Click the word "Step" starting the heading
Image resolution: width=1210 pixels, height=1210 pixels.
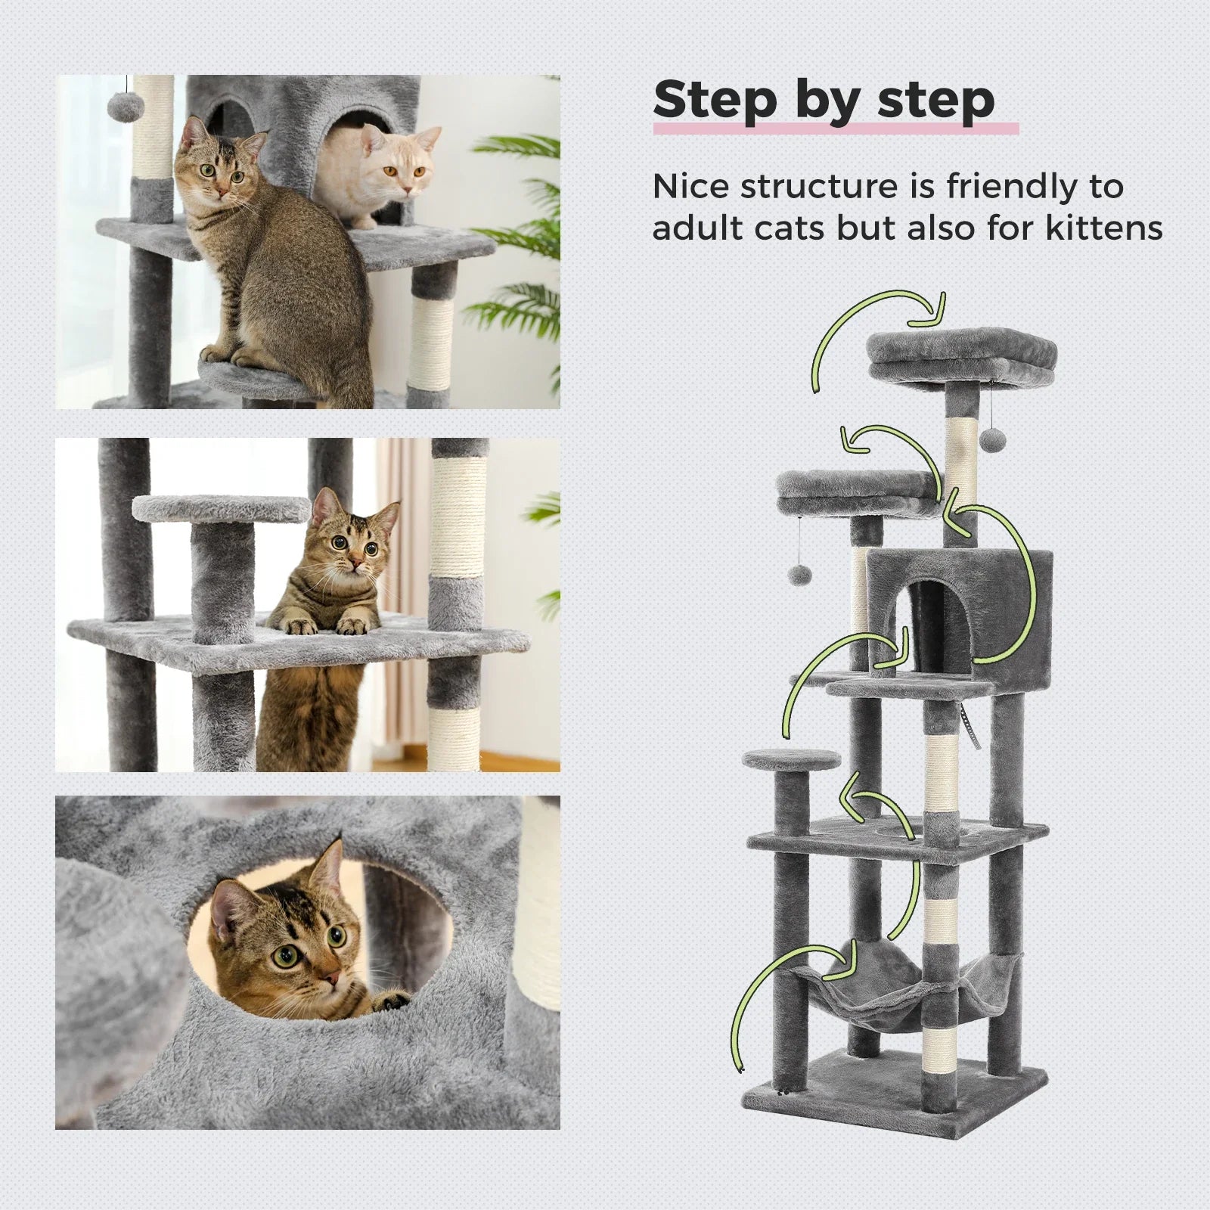pos(715,101)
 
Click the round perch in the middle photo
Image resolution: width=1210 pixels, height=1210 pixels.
pos(221,508)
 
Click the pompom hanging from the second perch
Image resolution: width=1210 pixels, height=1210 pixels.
pos(800,577)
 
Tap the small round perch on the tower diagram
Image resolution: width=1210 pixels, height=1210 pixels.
pos(791,759)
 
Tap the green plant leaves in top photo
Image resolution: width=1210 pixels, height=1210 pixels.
pos(522,227)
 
